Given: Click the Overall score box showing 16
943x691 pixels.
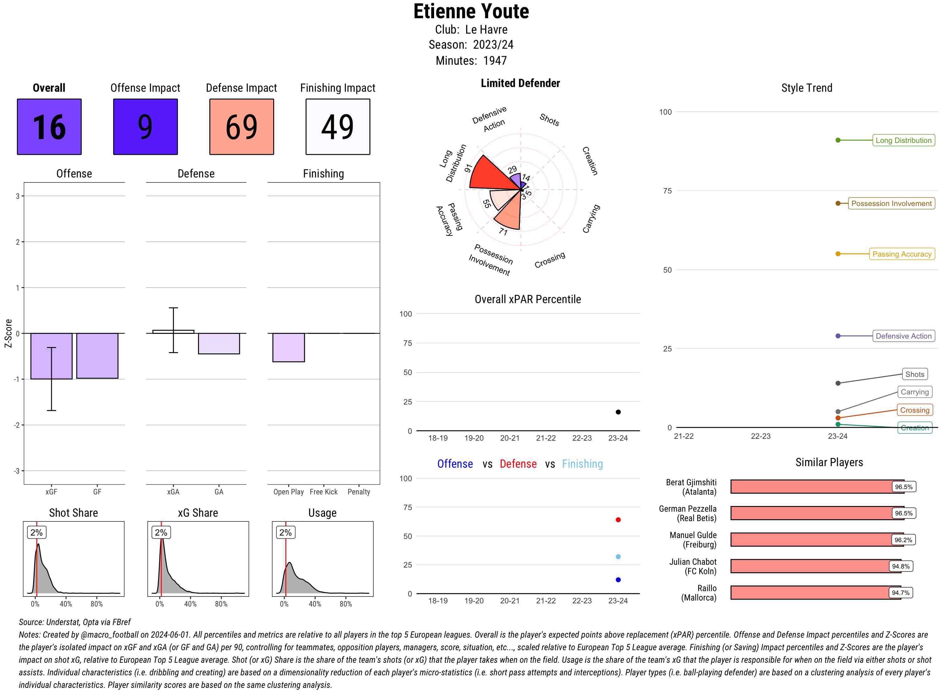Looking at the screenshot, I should [49, 127].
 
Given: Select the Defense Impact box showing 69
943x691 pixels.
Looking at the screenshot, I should [241, 127].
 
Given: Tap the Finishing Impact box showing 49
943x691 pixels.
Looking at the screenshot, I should [338, 127].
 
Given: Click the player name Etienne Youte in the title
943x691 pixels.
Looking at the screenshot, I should [471, 11].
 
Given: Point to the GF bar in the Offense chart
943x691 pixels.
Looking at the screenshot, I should [97, 356].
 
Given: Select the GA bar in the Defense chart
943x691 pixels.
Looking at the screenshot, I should [219, 343].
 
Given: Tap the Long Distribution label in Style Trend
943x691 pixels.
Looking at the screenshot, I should [903, 140].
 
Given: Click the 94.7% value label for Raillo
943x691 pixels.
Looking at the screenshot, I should [900, 593].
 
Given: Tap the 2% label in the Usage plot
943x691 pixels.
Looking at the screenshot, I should [285, 532].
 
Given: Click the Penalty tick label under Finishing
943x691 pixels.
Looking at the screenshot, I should [359, 492].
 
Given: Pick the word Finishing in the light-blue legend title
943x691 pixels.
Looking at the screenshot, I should [582, 464].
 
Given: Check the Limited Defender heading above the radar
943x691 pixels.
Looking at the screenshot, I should [520, 83].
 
